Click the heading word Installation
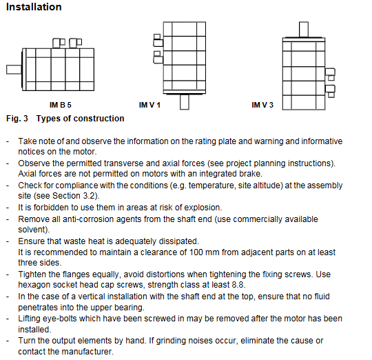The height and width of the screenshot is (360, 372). click(34, 7)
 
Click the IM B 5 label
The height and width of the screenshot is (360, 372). click(60, 105)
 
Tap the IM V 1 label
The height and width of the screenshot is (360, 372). click(149, 105)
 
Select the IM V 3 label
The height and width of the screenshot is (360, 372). click(262, 105)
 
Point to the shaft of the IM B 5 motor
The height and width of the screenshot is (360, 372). click(14, 70)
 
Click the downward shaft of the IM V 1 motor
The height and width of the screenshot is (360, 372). click(185, 102)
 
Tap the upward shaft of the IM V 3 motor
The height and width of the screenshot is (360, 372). click(304, 30)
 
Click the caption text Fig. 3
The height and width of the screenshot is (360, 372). click(17, 118)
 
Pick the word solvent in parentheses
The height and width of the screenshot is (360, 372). click(32, 230)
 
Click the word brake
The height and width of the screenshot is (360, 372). click(251, 174)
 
